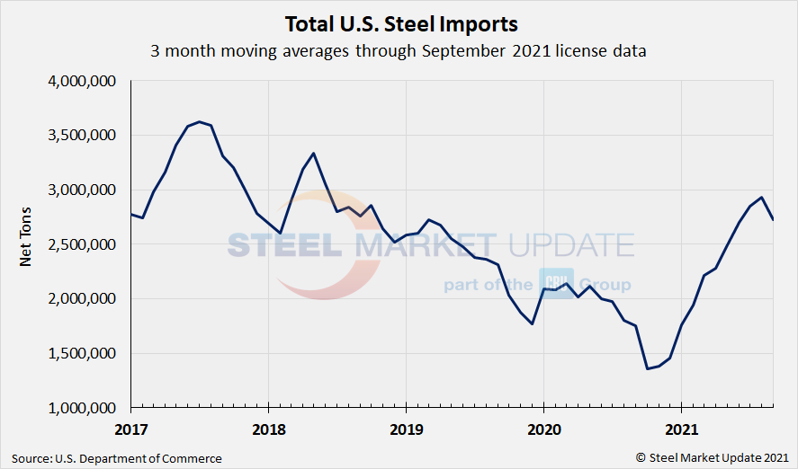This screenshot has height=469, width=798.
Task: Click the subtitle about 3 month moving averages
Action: (x=399, y=51)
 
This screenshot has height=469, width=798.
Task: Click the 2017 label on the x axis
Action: (x=131, y=429)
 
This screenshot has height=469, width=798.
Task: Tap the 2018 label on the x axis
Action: (x=268, y=429)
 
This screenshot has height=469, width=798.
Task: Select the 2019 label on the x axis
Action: (x=406, y=429)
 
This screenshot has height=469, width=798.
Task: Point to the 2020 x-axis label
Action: (x=543, y=429)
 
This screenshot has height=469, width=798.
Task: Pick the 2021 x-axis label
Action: (x=681, y=429)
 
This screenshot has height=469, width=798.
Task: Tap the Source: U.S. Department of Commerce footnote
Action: (x=117, y=458)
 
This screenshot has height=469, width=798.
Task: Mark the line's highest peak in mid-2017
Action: (x=199, y=121)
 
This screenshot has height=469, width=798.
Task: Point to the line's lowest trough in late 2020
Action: (x=647, y=368)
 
